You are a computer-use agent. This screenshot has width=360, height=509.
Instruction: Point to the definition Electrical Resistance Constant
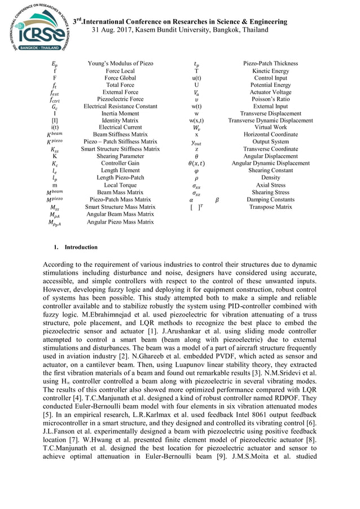click(120, 106)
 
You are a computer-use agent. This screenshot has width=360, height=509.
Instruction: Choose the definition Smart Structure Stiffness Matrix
click(120, 149)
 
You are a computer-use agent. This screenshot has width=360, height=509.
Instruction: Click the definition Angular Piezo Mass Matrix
click(120, 222)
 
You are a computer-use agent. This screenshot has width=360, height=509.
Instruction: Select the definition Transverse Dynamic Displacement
click(270, 120)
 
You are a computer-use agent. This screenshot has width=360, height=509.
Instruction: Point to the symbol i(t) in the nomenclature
click(54, 128)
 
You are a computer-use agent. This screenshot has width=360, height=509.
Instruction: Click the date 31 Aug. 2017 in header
click(116, 29)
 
